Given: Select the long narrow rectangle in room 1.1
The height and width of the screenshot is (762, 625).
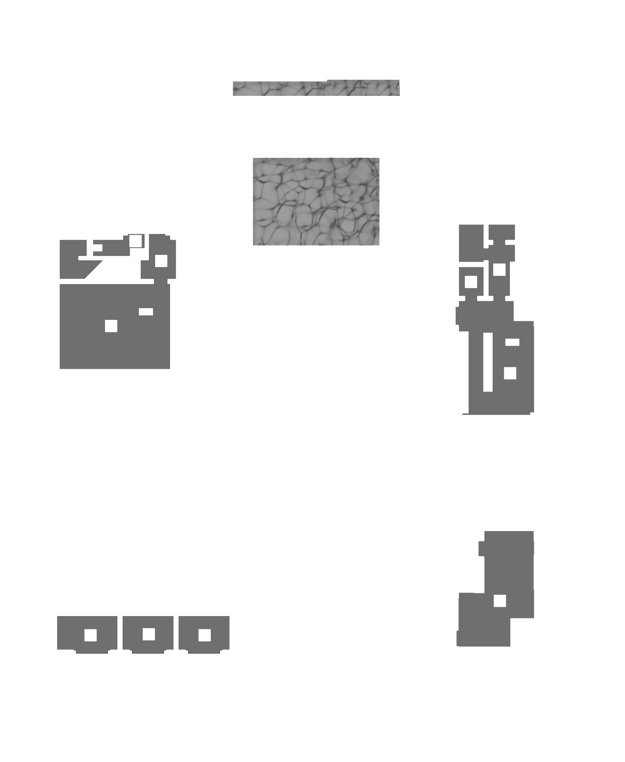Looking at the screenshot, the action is pos(488,362).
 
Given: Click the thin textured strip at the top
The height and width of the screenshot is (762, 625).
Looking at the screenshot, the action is pos(316,88).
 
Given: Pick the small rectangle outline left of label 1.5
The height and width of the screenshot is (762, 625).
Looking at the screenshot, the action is pos(98,248).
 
